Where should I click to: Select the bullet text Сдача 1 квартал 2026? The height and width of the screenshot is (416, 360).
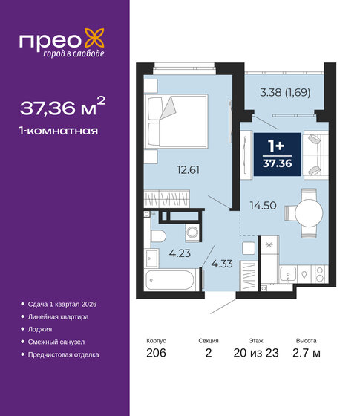click(63, 305)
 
